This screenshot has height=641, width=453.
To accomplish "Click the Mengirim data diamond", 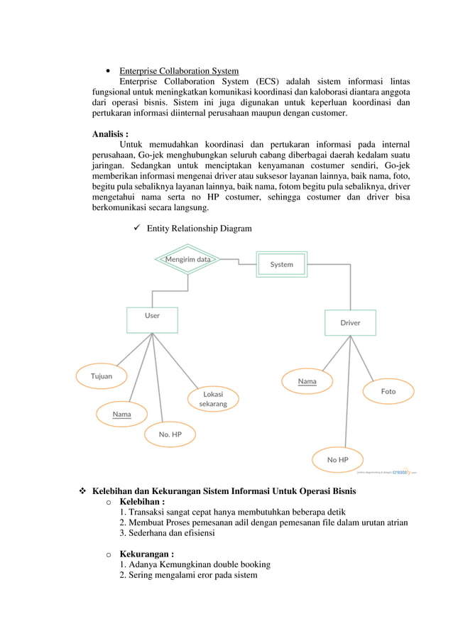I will click(187, 260).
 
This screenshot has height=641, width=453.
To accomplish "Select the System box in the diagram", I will click(281, 264).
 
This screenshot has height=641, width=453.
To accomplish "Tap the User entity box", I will click(152, 319).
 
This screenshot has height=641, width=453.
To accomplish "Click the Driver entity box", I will click(350, 322).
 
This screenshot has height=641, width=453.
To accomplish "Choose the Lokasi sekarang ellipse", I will click(213, 398).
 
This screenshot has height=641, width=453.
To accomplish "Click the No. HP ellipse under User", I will click(170, 434).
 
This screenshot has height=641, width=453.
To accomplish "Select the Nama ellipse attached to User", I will click(121, 414).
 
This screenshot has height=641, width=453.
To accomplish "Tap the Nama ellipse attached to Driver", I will click(307, 381).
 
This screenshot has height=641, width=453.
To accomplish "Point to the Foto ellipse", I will click(388, 391).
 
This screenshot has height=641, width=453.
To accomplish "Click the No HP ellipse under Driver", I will click(337, 459).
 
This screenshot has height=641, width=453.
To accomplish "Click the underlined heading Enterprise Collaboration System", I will click(179, 71).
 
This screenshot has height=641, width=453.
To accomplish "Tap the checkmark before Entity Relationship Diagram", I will click(138, 228).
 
